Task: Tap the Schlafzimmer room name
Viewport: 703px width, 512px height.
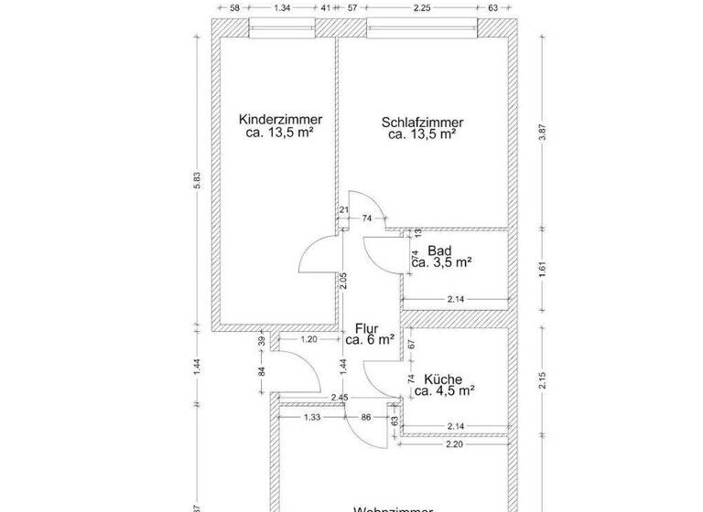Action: (x=422, y=122)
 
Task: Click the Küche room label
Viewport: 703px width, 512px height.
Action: (x=442, y=379)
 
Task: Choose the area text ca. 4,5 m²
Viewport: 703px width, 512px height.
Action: (x=443, y=391)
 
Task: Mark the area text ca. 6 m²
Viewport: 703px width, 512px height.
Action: (x=369, y=339)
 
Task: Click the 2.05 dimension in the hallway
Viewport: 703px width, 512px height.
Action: (x=343, y=282)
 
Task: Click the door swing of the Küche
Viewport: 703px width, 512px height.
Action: (x=378, y=377)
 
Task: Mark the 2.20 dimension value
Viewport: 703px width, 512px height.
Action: (x=454, y=443)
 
